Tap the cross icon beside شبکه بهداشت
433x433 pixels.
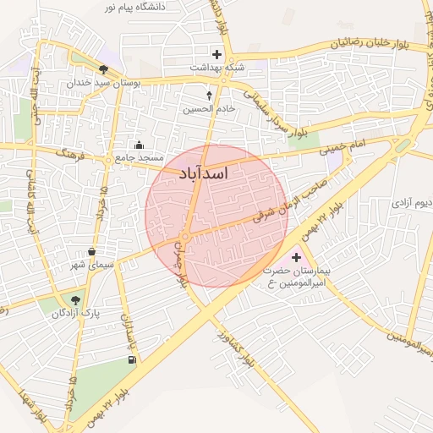click(x=217, y=54)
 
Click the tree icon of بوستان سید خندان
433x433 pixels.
click(x=104, y=70)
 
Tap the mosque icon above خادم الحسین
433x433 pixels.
click(x=210, y=96)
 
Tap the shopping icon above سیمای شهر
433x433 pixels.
click(x=92, y=252)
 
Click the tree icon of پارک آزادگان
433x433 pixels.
click(x=76, y=299)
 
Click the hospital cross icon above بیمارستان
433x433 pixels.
click(x=296, y=257)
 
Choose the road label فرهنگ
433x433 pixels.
click(x=74, y=154)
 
